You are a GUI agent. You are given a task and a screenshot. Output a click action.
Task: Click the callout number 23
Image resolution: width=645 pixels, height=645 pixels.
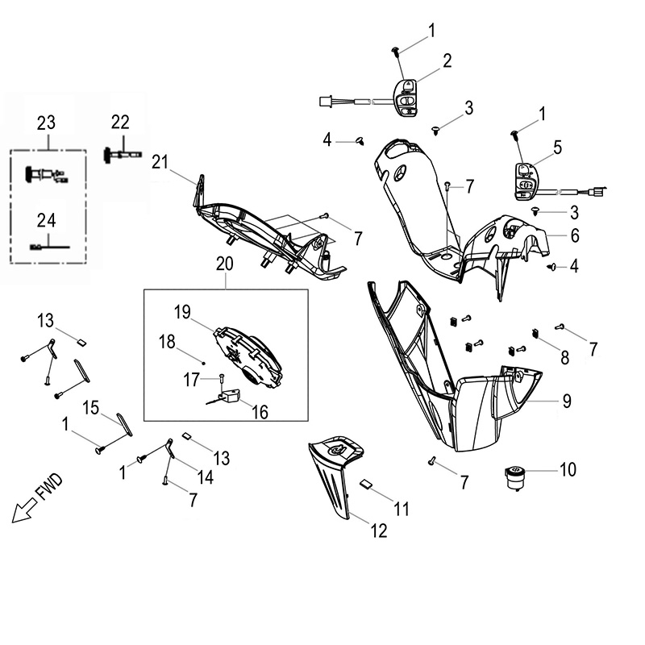click(x=46, y=123)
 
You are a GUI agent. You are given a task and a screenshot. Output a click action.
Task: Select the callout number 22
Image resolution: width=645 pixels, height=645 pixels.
click(x=120, y=122)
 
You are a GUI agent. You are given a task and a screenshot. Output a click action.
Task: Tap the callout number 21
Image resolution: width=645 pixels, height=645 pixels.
click(x=159, y=161)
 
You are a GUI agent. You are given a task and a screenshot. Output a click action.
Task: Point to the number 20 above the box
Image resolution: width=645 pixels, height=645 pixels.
click(x=225, y=263)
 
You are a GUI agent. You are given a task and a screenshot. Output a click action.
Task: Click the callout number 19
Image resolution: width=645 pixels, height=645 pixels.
click(x=183, y=310)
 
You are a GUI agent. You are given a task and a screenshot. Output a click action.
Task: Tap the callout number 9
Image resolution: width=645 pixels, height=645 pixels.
click(x=568, y=400)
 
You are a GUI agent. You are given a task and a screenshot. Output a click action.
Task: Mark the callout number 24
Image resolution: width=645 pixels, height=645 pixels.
click(x=46, y=218)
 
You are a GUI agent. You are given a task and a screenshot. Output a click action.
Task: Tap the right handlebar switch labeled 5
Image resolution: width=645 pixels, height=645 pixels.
click(x=523, y=180)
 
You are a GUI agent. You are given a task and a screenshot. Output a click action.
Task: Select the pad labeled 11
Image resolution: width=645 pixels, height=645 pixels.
click(x=367, y=484)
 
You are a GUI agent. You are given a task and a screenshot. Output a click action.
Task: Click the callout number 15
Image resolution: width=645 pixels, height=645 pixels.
click(x=91, y=407)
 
